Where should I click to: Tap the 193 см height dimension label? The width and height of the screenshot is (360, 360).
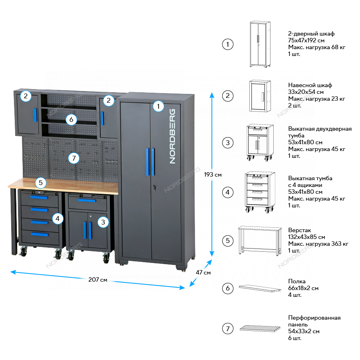213,174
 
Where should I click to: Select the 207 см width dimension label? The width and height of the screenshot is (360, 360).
98,280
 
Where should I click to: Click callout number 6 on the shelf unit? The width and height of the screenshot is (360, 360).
71,119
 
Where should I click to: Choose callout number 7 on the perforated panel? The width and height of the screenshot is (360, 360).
73,158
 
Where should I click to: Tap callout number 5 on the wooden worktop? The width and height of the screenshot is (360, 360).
41,183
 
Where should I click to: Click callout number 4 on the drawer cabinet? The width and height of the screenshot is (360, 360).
58,218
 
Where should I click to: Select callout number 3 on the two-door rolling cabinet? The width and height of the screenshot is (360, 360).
103,221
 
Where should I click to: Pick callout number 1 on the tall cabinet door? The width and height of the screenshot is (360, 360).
159,106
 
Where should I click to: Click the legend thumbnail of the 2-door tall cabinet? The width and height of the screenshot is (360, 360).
260,44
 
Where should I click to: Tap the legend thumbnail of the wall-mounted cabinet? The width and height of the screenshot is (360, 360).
260,96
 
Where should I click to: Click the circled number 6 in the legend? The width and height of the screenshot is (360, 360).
227,288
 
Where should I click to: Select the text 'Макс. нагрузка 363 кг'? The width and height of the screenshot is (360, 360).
318,244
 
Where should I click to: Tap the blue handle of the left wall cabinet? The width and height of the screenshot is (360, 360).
35,114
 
